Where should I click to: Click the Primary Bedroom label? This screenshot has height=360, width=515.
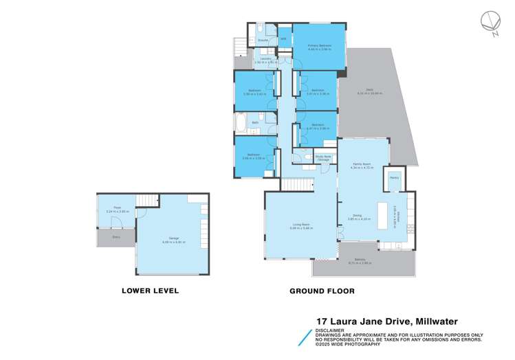(319, 45)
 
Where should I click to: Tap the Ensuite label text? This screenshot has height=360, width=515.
(253, 40)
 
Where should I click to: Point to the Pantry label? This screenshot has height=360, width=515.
(394, 178)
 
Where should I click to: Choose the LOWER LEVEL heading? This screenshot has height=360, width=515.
(150, 291)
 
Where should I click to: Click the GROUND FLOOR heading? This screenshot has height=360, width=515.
(322, 291)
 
